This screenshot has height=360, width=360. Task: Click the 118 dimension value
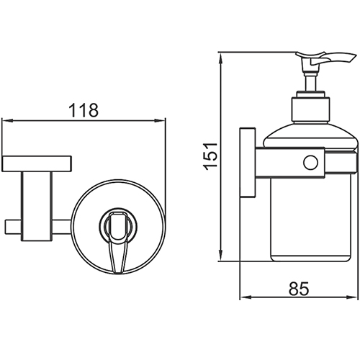coord(84,110)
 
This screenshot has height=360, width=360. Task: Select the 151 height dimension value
coord(210,156)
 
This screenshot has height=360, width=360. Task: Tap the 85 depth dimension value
coord(299,289)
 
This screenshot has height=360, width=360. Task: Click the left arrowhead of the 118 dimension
coord(6,120)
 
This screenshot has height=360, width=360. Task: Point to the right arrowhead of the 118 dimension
coord(161,120)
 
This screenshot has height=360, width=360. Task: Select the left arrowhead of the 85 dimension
coord(246,297)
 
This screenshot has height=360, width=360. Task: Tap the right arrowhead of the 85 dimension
coord(353,297)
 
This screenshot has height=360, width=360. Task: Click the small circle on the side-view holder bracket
coord(311,163)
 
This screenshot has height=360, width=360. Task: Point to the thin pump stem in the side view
coord(310,83)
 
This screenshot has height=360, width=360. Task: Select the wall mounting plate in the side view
coord(248,163)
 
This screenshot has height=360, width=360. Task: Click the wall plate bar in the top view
coord(37,163)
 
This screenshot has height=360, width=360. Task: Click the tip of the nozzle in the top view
coord(117,272)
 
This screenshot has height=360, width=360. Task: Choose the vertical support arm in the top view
coord(37,207)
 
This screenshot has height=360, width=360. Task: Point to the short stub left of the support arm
coord(13,226)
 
